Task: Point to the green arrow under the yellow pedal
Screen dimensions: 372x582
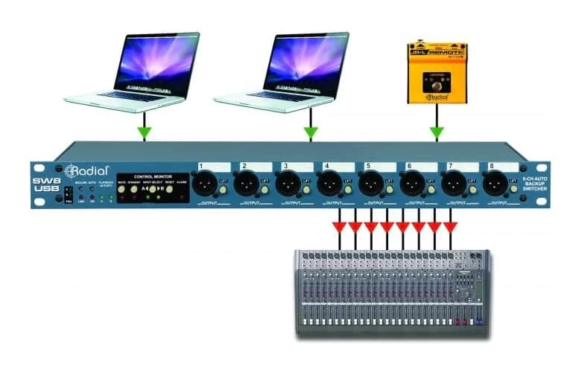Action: click(437, 132)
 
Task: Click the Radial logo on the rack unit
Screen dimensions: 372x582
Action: click(89, 170)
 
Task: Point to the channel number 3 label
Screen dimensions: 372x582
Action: click(285, 166)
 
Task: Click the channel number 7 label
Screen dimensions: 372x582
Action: click(449, 166)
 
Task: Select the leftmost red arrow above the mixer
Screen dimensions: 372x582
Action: click(340, 225)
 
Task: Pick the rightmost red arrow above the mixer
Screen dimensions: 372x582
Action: click(450, 225)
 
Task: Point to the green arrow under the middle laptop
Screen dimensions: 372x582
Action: click(310, 132)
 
